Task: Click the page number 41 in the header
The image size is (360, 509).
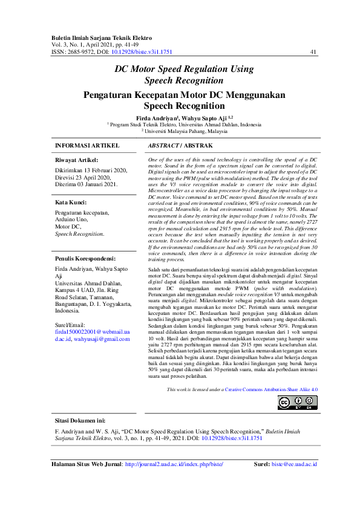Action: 313,52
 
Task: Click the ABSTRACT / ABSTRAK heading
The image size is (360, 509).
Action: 180,146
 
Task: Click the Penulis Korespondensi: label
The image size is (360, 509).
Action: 86,259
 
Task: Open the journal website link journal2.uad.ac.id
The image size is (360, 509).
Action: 174,464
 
